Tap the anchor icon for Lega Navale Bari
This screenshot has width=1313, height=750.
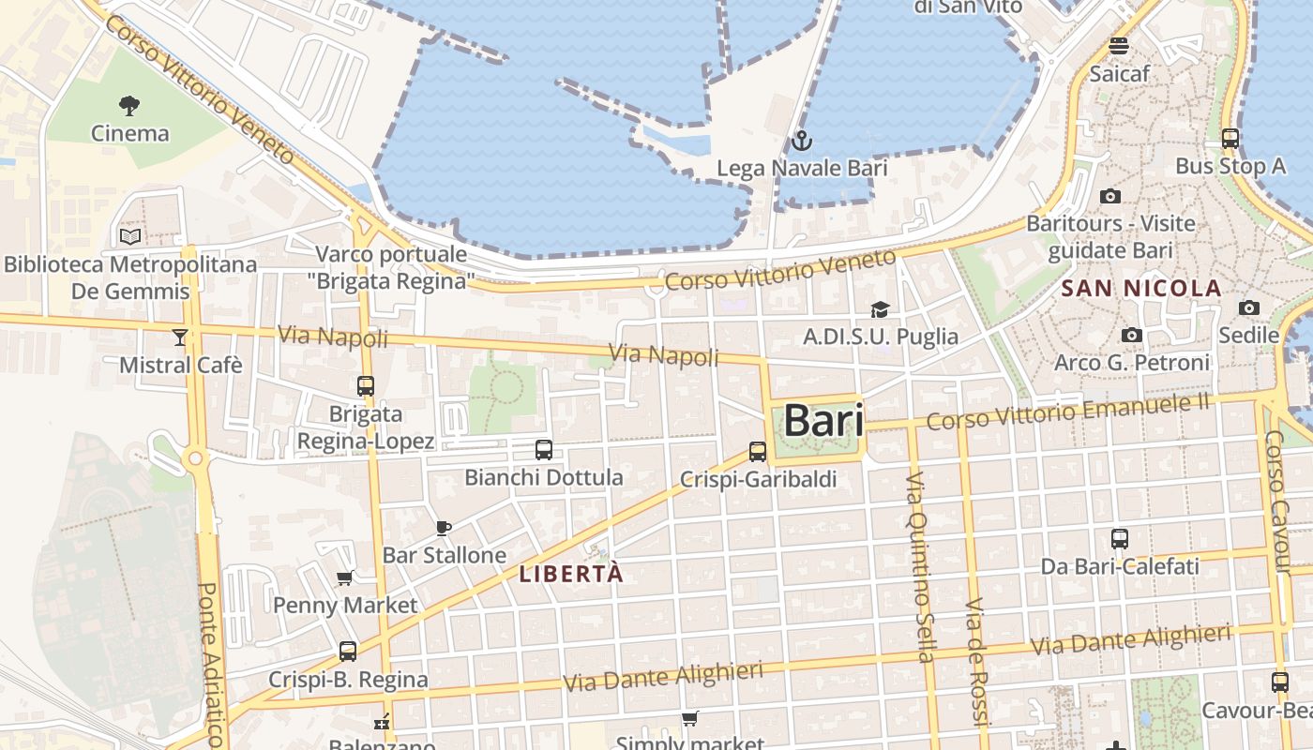[x=801, y=142]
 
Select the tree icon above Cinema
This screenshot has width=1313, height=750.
[x=129, y=105]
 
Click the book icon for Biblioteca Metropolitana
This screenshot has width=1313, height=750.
[x=130, y=236]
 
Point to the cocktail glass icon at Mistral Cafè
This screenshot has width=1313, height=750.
[x=180, y=337]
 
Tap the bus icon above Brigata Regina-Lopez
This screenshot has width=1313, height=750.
[x=366, y=385]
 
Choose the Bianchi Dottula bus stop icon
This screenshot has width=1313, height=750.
[x=544, y=449]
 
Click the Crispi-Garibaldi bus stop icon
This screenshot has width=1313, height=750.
[x=758, y=452]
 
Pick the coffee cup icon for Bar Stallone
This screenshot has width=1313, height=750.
[x=444, y=529]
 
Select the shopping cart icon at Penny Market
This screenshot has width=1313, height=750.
[x=344, y=578]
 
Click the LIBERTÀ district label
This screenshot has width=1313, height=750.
[x=571, y=574]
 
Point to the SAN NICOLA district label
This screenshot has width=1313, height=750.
[x=1141, y=289]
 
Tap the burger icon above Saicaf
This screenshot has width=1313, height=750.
[x=1118, y=45]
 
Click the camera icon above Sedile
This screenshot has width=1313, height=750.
[x=1248, y=307]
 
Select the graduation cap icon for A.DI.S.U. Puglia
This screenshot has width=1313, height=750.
[x=880, y=309]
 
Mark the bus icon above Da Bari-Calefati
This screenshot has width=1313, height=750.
[x=1120, y=539]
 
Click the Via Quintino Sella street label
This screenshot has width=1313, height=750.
[x=919, y=567]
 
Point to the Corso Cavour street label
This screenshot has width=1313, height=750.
[x=1277, y=502]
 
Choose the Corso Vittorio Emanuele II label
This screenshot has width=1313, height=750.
[x=1067, y=412]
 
